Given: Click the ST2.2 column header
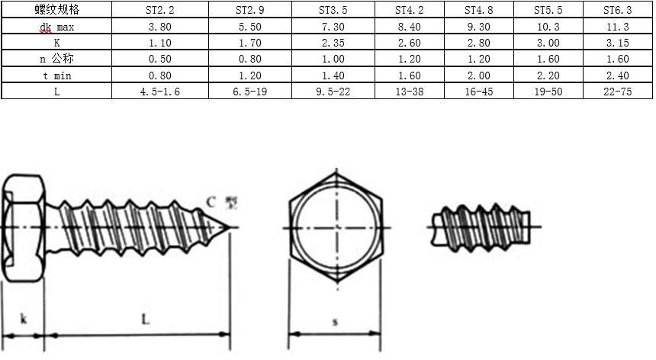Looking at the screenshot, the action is tap(160, 10).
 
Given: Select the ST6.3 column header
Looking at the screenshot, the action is tap(618, 10).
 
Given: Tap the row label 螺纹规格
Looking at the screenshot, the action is tap(57, 10).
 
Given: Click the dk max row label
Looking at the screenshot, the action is tap(57, 27).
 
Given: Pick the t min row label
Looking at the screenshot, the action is tap(57, 76).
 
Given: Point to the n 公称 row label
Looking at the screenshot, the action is tap(57, 59).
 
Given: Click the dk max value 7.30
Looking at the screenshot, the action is tap(333, 27).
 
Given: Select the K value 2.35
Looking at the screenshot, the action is tap(333, 43).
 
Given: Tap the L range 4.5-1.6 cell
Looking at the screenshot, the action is tap(160, 92).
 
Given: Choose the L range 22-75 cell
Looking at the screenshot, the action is tap(618, 92).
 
